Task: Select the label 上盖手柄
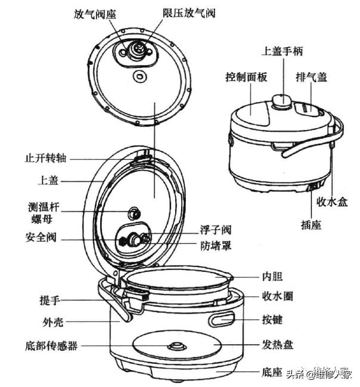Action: [283, 51]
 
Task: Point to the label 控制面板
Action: [246, 78]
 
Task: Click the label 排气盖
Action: [311, 78]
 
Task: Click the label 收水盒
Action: [332, 202]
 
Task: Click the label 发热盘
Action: [278, 345]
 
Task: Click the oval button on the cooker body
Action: [222, 321]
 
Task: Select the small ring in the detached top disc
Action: [141, 76]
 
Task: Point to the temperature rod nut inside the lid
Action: [135, 212]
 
